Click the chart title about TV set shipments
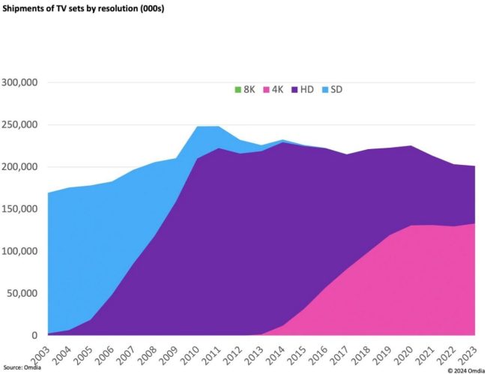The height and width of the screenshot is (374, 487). pos(83,8)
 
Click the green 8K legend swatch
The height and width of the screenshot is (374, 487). pos(238,90)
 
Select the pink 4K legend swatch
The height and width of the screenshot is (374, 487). pos(266,90)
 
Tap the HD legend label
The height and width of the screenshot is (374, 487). pos(307,90)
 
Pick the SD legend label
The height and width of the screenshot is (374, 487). pos(336,90)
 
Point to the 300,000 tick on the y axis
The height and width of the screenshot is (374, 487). pos(19,82)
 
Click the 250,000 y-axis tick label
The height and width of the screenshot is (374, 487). pos(19,125)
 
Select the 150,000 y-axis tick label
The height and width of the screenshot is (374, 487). pos(19,209)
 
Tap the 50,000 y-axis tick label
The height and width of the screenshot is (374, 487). pos(22,293)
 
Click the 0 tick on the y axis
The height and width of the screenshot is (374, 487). pos(34,335)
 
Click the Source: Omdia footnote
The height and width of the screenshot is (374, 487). pos(22,368)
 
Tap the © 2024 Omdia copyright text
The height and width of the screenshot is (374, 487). pos(466,370)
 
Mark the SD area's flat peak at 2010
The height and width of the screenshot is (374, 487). pos(197,127)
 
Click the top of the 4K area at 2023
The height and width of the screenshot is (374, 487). pos(474,223)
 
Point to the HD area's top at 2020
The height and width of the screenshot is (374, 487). pos(411,145)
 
